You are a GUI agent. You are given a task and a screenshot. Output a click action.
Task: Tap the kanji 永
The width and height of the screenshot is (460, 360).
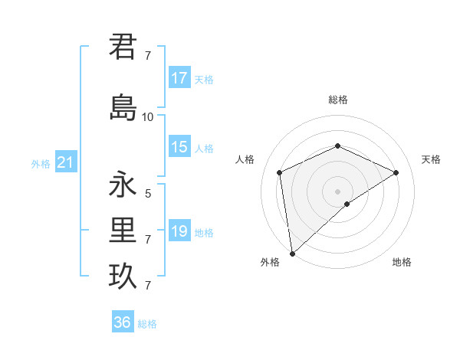(x=123, y=185)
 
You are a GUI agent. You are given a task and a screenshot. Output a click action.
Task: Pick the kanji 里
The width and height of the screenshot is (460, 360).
(x=123, y=231)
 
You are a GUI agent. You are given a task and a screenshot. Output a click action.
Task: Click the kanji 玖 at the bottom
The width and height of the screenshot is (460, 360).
(x=123, y=277)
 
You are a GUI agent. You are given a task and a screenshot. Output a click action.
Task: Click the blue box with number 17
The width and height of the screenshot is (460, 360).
(x=179, y=78)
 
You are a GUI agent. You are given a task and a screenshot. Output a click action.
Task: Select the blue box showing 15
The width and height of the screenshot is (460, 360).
(x=179, y=147)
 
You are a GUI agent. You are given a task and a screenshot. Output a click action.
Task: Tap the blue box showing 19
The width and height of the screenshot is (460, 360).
(x=179, y=231)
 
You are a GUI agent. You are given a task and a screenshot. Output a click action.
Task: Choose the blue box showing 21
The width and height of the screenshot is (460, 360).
(x=65, y=162)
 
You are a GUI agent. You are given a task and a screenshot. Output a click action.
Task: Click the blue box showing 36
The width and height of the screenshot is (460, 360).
(x=123, y=322)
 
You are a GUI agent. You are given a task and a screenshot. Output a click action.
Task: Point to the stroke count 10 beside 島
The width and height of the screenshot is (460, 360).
(x=148, y=116)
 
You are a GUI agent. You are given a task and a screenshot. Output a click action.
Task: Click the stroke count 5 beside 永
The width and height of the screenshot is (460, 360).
(x=148, y=193)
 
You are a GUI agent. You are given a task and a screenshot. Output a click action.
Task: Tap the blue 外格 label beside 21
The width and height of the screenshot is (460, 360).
(x=41, y=163)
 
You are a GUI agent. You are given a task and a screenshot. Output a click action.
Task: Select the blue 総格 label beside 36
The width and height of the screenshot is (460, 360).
(x=147, y=324)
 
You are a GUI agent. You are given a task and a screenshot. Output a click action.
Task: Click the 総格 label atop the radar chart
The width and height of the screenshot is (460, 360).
(x=337, y=100)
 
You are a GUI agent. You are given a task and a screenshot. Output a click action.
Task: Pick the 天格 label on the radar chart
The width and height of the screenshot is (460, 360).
(x=432, y=159)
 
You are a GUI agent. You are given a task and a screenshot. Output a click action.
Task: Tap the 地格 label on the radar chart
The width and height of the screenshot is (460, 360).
(x=402, y=262)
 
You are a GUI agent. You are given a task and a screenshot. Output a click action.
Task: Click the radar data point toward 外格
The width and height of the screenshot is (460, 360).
(x=292, y=253)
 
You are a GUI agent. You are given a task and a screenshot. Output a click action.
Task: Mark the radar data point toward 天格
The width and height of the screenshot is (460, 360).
(x=396, y=172)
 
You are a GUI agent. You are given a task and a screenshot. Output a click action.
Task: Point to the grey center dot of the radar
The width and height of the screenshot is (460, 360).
(x=337, y=191)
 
